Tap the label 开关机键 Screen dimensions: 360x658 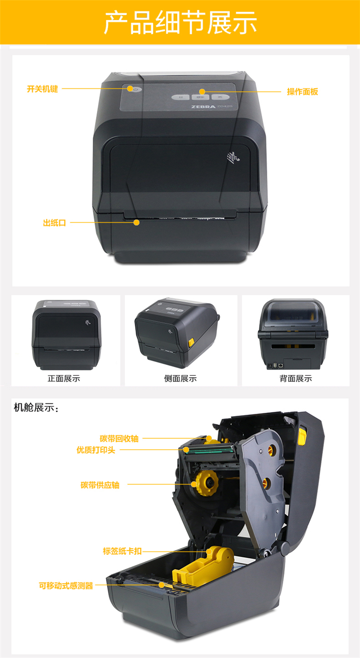[42, 89]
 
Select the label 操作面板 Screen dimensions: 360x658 [302, 92]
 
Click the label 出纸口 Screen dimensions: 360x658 [54, 223]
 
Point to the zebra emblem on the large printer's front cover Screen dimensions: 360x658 [233, 157]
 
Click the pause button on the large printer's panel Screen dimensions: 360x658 [181, 97]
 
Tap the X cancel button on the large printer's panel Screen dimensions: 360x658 [220, 96]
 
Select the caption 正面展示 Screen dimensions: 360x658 [64, 378]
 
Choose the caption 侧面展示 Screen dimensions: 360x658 [180, 378]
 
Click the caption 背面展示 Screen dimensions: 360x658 [296, 378]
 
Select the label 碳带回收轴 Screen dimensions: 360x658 [119, 439]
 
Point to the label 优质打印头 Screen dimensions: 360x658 [96, 450]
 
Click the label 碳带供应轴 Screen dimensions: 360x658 [100, 485]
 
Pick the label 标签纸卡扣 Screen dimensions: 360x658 [122, 551]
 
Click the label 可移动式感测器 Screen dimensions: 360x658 [66, 586]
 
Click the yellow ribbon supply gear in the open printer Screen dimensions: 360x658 [207, 483]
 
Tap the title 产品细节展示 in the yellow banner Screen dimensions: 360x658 [180, 23]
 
